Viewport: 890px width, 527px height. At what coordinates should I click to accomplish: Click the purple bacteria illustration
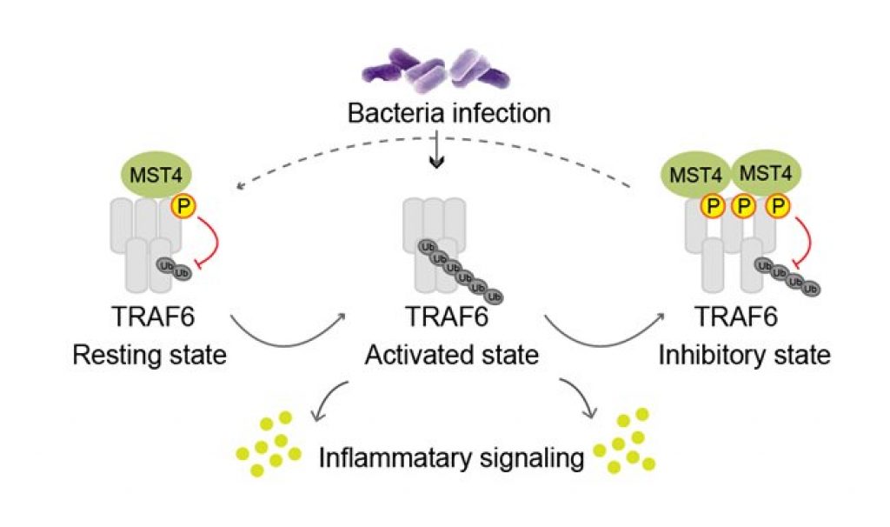click(x=444, y=70)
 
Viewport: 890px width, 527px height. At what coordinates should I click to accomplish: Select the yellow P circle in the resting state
click(x=183, y=207)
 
